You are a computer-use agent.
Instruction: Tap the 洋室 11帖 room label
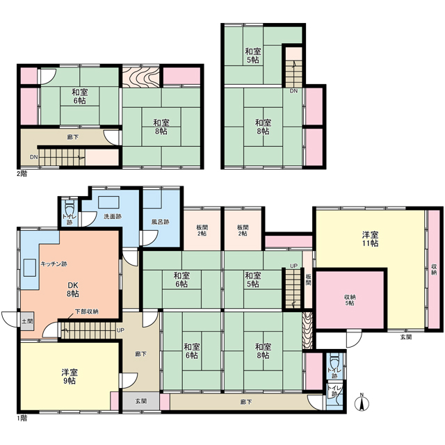click(x=370, y=239)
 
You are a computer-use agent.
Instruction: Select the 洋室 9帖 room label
click(x=70, y=376)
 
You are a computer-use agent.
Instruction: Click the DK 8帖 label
click(x=73, y=289)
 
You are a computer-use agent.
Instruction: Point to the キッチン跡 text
click(x=54, y=264)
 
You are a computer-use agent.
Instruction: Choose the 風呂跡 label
click(x=161, y=222)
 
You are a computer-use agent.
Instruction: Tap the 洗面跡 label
click(x=113, y=216)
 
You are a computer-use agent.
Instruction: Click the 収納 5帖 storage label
click(x=350, y=300)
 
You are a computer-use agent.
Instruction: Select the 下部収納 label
click(x=86, y=311)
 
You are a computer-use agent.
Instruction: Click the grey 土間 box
click(x=28, y=321)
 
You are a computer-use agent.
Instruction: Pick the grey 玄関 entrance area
click(x=140, y=401)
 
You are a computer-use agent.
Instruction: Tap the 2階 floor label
click(x=22, y=174)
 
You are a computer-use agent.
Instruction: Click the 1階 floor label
click(x=22, y=419)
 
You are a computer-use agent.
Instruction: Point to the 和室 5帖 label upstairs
click(x=253, y=56)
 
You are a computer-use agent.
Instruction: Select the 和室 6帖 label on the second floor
click(x=79, y=97)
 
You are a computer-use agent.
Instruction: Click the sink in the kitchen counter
click(x=29, y=267)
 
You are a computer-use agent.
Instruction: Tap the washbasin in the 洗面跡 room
click(x=108, y=202)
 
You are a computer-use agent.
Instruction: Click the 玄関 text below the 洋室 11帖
click(x=406, y=337)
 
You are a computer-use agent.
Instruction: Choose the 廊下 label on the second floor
click(x=73, y=138)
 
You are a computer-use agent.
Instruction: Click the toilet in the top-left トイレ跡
click(x=70, y=209)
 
